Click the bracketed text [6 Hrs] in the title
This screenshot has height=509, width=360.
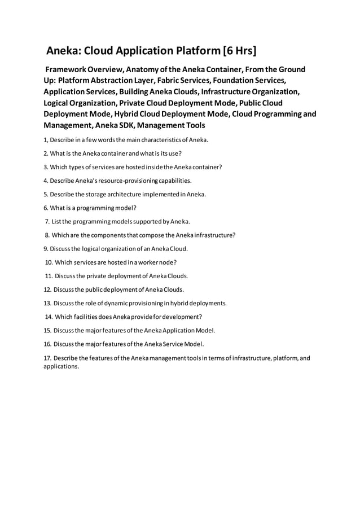click(x=239, y=51)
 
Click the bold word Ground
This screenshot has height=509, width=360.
click(x=291, y=69)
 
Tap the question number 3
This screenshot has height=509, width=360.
click(x=46, y=166)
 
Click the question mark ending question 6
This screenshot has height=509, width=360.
click(x=135, y=208)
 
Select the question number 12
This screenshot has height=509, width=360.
click(x=47, y=289)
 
